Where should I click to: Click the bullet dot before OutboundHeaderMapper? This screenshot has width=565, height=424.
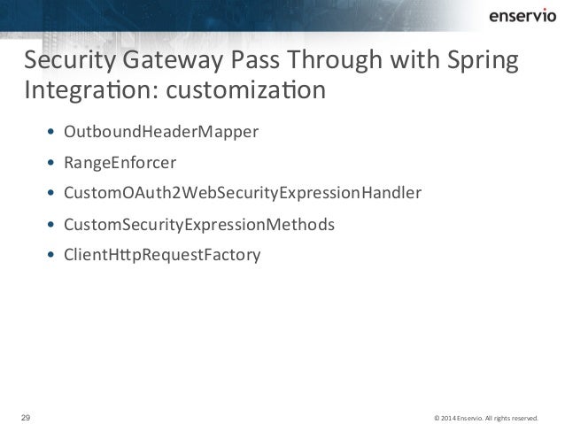51,134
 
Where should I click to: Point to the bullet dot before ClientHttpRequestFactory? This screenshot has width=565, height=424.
51,256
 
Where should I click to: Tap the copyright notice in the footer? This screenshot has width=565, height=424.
486,414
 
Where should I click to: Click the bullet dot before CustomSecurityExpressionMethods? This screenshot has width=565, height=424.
51,225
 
